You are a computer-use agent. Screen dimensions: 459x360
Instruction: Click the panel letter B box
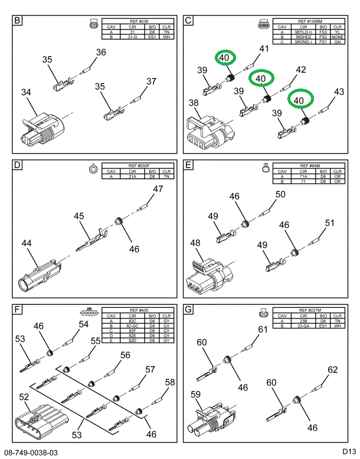click(18, 22)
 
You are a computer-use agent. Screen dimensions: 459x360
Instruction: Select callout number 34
click(26, 92)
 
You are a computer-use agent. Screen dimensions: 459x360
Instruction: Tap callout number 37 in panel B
click(152, 82)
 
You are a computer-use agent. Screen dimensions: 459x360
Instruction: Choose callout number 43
click(339, 92)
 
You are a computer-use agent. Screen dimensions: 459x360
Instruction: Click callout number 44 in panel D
click(27, 243)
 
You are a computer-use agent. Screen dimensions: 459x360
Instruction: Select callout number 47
click(158, 190)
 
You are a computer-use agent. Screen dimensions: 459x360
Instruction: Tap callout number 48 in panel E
click(195, 243)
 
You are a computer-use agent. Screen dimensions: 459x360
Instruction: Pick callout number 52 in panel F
click(24, 398)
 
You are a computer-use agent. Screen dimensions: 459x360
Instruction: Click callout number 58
click(170, 382)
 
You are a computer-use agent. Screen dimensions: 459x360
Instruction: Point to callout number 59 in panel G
click(195, 393)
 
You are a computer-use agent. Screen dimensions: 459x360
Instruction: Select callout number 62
click(333, 370)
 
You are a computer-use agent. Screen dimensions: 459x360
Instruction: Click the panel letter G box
click(189, 310)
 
